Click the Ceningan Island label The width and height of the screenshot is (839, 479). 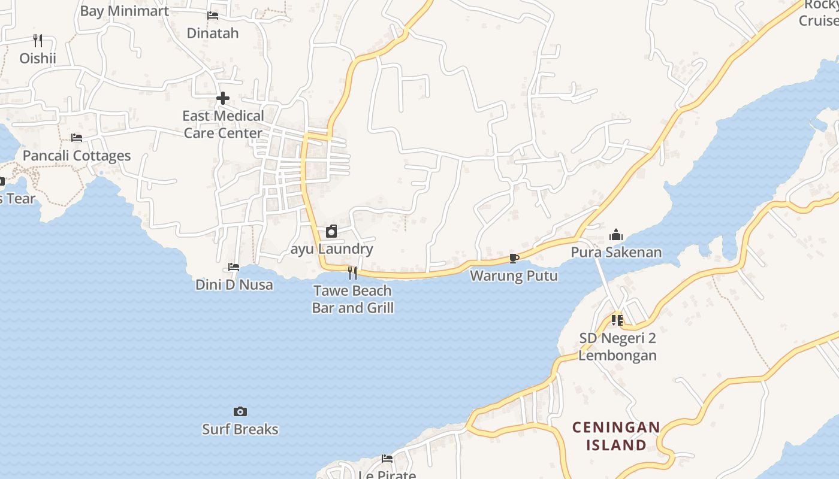point(616,436)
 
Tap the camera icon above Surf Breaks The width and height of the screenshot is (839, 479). point(240,411)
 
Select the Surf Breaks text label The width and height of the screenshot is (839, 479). point(240,429)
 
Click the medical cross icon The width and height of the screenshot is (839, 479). point(223,98)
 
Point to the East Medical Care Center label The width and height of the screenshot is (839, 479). point(223,125)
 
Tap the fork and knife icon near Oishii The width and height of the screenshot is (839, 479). point(38,40)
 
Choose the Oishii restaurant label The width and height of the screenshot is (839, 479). point(38,58)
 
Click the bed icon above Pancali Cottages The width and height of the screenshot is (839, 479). point(77,138)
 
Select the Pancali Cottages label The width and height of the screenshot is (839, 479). point(77,156)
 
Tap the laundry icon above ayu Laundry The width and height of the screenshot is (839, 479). point(331,231)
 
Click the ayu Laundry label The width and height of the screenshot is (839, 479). point(331,249)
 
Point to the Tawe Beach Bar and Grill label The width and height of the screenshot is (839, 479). point(352,299)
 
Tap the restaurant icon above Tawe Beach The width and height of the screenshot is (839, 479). point(352,273)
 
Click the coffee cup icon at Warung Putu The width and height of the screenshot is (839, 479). point(514,258)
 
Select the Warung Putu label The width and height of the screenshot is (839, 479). point(514,276)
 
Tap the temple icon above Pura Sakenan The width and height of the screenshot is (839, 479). point(616,235)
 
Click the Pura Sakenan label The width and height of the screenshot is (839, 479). point(616,252)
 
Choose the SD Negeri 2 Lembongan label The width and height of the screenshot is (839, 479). point(617,347)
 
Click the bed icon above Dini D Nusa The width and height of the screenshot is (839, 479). point(234,267)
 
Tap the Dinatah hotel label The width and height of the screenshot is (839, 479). point(213,33)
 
